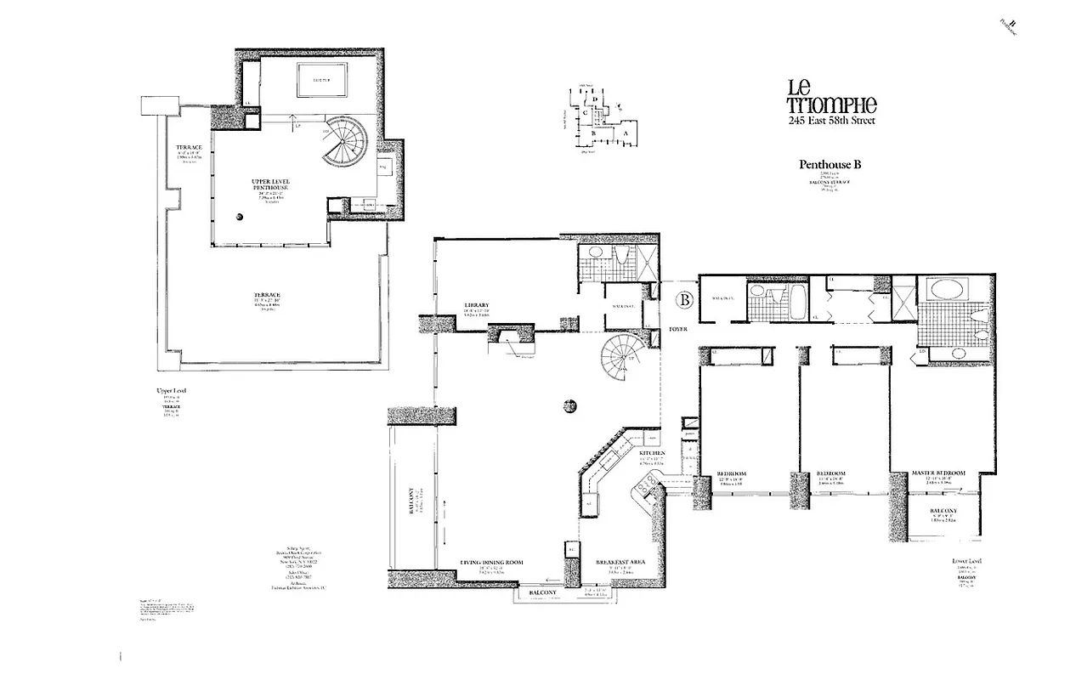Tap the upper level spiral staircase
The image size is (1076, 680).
coord(345,142)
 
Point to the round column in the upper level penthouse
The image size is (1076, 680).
coord(241,217)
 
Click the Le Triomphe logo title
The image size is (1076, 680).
coord(831,96)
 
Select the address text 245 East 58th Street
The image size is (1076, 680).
coord(832,121)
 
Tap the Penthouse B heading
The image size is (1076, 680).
coord(830,165)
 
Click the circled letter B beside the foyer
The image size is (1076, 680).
coord(682,300)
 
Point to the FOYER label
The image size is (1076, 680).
coord(678,328)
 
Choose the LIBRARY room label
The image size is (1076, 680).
coord(475,305)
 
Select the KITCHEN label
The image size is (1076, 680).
coord(652,454)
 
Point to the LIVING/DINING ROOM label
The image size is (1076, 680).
coord(490,563)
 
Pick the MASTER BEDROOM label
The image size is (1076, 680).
coord(937,473)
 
